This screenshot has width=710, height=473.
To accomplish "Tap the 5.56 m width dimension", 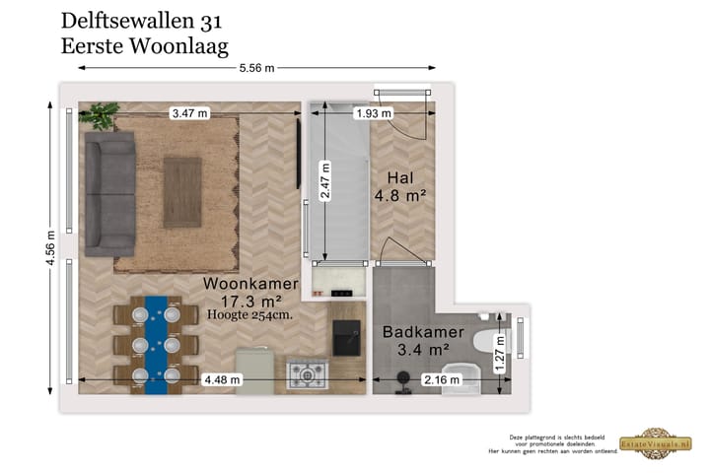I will point(256,68).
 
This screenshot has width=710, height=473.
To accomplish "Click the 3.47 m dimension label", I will point(189,113).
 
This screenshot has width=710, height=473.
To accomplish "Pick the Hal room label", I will point(399,178).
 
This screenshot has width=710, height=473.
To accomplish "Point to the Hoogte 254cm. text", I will point(250,314).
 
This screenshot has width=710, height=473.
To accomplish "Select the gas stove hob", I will point(306,374).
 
